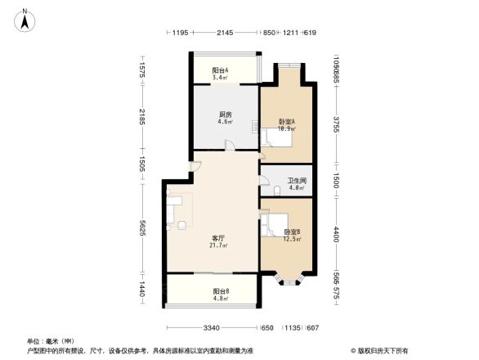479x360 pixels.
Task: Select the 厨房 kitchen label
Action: coord(224,115)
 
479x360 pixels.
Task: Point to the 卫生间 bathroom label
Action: coord(297,181)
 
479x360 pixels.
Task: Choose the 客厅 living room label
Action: coord(217,237)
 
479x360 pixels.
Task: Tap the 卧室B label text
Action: coord(292,232)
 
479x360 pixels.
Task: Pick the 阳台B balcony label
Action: coord(221,290)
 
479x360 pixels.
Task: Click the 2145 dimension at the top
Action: coord(226,33)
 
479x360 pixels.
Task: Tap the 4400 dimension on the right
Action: coord(334,234)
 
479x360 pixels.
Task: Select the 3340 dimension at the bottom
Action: coord(213,329)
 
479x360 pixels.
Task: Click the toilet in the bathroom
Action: coord(280,189)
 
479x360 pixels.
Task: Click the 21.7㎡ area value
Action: coord(217,245)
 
